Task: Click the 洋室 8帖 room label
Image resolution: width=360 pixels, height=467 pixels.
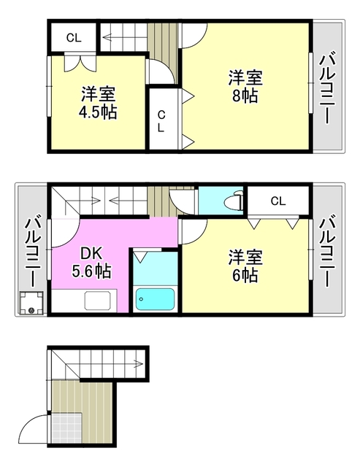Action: [x=245, y=86]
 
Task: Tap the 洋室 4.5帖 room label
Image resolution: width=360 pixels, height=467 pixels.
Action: [x=98, y=103]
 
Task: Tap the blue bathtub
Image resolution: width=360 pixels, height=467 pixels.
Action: [x=155, y=299]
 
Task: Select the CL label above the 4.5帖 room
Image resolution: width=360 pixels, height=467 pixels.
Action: [x=74, y=37]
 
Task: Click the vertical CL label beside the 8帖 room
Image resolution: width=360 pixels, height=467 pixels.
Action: [x=162, y=120]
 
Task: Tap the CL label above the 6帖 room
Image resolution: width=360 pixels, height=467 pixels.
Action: [x=277, y=201]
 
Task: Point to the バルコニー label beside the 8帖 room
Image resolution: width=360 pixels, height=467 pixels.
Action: [x=329, y=88]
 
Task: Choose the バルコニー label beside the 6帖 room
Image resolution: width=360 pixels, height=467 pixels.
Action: [x=329, y=252]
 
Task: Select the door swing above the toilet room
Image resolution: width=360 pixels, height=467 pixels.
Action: [x=181, y=198]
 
